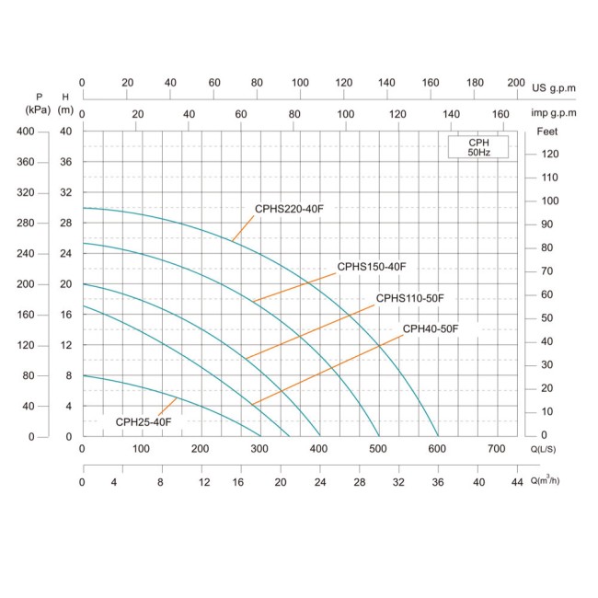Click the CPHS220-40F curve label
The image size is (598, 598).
[289, 209]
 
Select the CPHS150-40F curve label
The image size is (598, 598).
[371, 267]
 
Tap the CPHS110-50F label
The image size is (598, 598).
[409, 298]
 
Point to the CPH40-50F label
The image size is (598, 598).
[430, 328]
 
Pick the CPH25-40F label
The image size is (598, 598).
[144, 421]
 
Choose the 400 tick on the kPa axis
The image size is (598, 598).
[25, 132]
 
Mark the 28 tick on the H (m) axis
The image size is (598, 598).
[65, 224]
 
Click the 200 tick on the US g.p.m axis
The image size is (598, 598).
[516, 82]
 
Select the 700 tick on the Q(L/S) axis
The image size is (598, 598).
[496, 449]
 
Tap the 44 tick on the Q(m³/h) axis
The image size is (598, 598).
[516, 482]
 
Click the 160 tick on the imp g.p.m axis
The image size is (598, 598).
[500, 114]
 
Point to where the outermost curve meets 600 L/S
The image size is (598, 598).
[438, 436]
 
